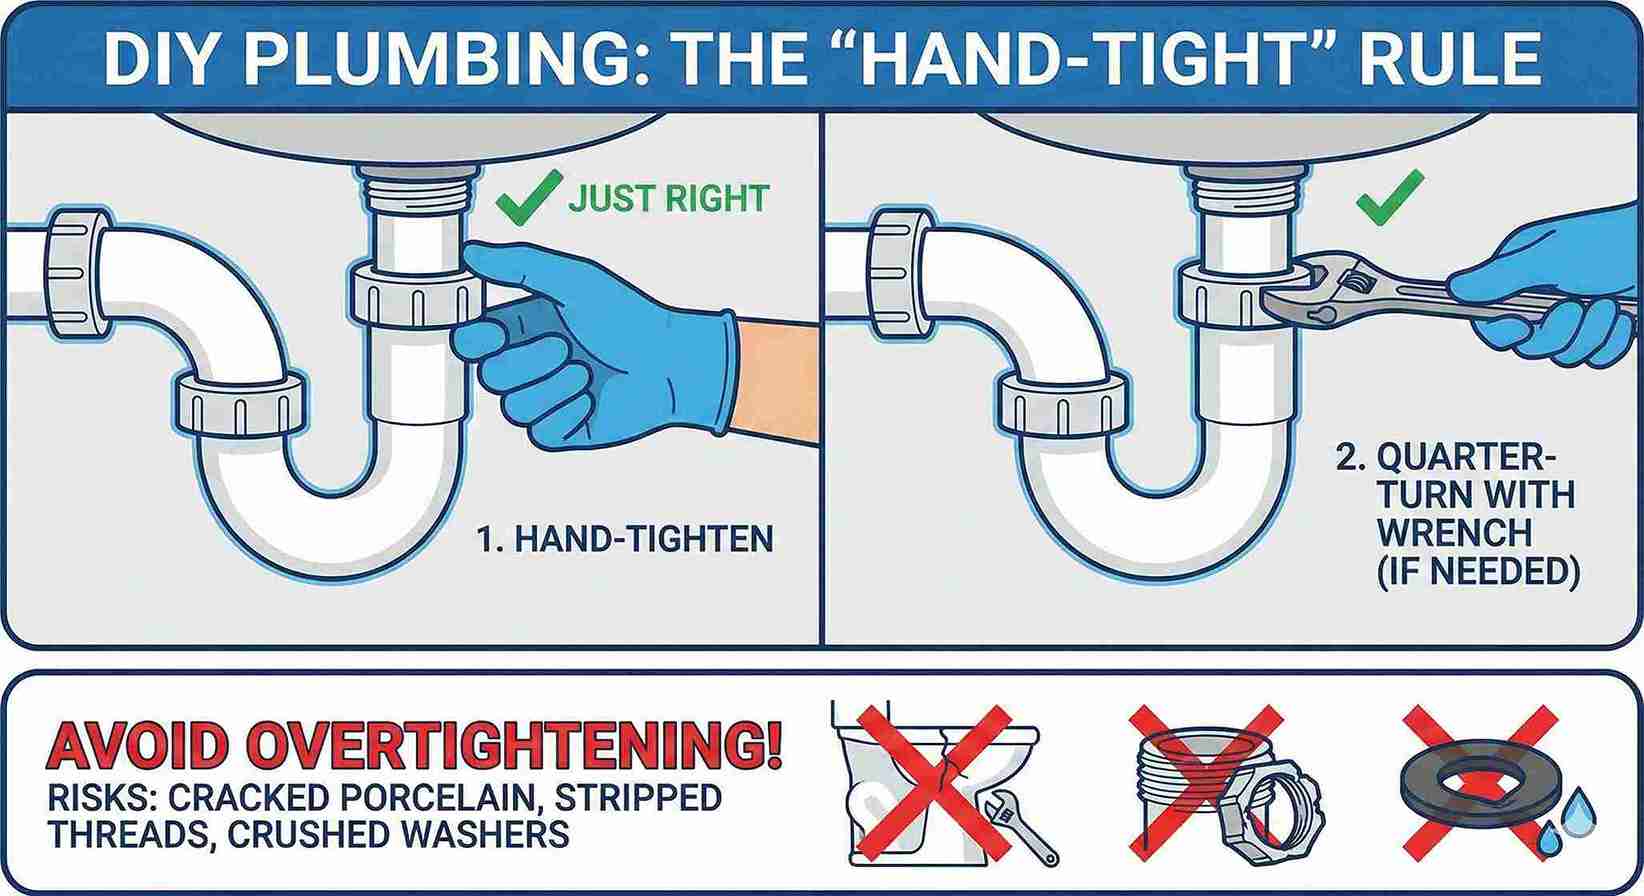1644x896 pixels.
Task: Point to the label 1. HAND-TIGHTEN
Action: click(x=624, y=539)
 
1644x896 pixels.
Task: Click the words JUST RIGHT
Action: click(x=668, y=197)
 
